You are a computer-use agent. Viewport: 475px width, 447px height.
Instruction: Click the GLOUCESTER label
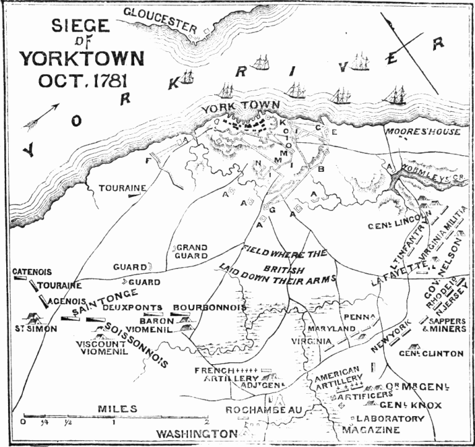pos(160,19)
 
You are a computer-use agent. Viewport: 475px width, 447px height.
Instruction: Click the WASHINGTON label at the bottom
pos(197,433)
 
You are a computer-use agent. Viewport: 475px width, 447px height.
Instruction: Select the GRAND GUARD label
pos(192,252)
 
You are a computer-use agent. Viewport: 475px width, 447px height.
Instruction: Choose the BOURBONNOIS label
pos(209,307)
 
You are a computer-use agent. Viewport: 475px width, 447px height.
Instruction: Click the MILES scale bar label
pos(117,409)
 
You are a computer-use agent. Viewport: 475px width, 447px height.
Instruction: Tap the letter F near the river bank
pos(147,161)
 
